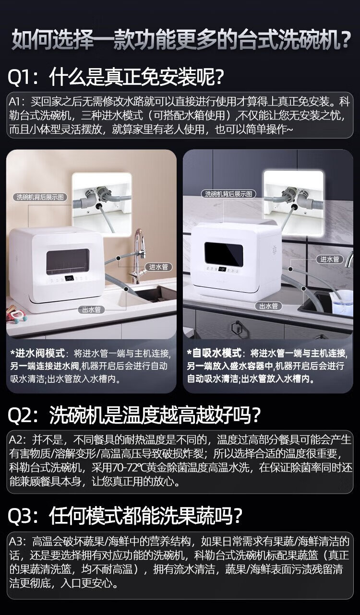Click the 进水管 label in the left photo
[158, 267]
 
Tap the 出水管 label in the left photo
[92, 310]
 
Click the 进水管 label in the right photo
[329, 259]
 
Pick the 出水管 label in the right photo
[268, 306]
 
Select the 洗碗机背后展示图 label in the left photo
[40, 197]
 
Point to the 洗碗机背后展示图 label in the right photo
[228, 194]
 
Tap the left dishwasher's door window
[68, 262]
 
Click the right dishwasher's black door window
[223, 254]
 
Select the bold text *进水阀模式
[37, 353]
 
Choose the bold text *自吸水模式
[214, 353]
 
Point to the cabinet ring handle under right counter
[236, 328]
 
